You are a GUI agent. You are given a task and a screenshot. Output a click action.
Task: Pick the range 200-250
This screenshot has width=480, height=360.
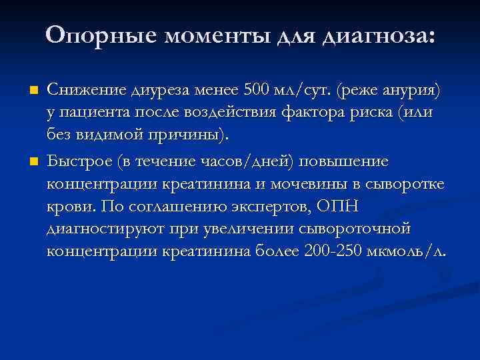[331, 252]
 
